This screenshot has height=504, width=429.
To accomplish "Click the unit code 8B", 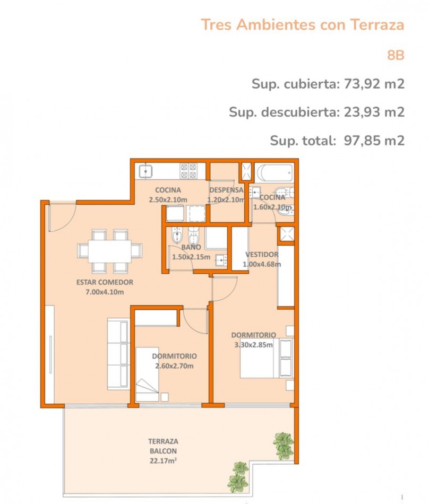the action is (x=396, y=55).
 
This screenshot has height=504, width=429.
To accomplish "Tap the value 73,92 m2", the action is (x=374, y=84).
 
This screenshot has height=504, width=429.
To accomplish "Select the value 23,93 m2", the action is (x=374, y=112).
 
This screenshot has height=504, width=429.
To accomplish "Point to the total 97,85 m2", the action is (x=374, y=141).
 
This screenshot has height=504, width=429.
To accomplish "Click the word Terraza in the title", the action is (x=377, y=25).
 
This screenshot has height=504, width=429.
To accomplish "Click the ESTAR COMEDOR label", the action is (x=105, y=282).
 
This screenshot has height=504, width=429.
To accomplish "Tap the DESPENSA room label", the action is (x=226, y=190).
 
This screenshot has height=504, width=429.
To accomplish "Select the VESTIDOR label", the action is (x=262, y=255).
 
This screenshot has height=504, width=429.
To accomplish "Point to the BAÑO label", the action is (x=191, y=247).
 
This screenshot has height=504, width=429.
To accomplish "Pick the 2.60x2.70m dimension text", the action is (x=174, y=366).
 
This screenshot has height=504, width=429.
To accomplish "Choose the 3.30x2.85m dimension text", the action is (x=253, y=345).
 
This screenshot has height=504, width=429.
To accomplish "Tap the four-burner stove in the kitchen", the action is (x=189, y=171).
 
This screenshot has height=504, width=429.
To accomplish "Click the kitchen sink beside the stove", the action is (x=145, y=171).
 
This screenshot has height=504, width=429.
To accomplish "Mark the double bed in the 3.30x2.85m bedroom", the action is (x=267, y=358).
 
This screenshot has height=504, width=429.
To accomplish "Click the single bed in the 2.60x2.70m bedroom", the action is (x=147, y=374).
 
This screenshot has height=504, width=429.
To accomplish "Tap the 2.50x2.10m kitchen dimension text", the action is (x=168, y=199).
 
